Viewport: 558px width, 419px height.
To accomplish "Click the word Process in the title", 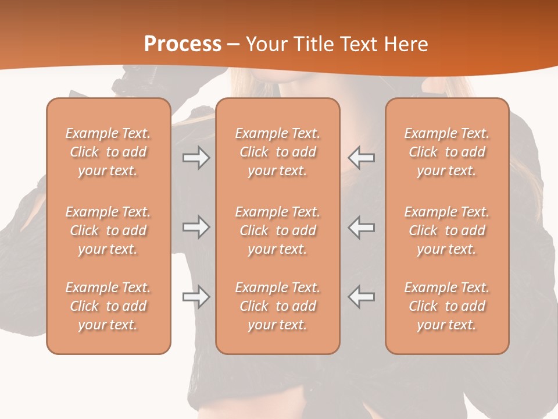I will coord(183,44).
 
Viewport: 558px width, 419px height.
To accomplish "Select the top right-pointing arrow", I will coord(196,158).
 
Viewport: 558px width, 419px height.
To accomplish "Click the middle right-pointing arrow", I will coord(196,227).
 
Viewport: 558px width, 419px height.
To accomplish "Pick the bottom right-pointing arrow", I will coord(196,297).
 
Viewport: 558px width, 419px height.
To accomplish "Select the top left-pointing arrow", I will coord(361,158).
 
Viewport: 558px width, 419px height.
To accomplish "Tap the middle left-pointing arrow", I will coord(361,227).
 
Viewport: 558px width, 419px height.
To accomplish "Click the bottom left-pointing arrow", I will coord(361,297).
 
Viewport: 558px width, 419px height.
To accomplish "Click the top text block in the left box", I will coord(108,152).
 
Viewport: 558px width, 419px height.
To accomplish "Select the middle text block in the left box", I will coord(108,230).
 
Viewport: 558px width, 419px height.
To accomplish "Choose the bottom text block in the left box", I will coord(108,306).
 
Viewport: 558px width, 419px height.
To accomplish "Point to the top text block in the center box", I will coord(277,152).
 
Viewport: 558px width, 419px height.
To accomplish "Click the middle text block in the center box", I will coord(277,230).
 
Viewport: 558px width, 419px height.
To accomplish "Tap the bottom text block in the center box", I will coord(277,306).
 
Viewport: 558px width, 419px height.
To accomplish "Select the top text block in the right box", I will coord(447,152).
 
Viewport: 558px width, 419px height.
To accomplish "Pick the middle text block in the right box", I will coord(447,230).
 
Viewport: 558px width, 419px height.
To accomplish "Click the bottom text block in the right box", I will coord(447,306).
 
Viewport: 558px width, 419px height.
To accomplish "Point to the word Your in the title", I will coord(265,44).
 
